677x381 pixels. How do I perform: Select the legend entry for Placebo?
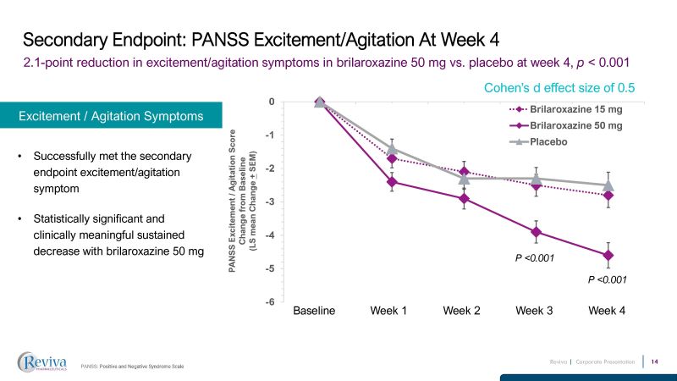548,141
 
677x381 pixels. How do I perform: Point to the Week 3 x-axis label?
535,311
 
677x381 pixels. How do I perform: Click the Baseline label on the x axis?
314,311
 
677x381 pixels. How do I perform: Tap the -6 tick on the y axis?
269,302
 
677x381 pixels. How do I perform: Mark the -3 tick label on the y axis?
269,202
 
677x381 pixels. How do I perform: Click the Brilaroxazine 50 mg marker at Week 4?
608,255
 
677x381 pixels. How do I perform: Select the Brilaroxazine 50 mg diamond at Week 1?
391,182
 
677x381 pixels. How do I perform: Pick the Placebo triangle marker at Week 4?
608,185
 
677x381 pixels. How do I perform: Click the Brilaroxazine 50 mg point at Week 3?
535,232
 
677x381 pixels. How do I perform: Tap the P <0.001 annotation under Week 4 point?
607,279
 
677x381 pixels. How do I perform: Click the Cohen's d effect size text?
559,87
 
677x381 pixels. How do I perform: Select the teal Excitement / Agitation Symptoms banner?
111,116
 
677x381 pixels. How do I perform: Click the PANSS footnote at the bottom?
132,366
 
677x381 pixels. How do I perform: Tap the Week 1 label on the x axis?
388,311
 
